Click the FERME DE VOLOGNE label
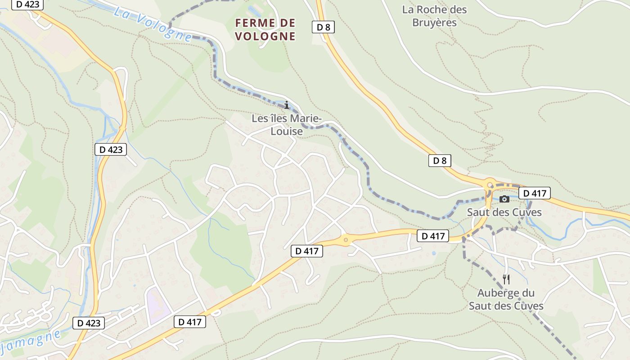tap(265, 29)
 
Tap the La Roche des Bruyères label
tap(434, 16)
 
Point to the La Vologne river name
tap(153, 23)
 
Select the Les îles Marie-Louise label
tap(286, 125)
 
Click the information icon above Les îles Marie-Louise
tap(287, 105)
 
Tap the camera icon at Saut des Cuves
tap(504, 199)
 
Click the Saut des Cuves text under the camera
tap(504, 212)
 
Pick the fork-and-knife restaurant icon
tap(506, 279)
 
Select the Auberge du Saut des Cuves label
tap(506, 299)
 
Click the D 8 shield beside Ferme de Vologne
tap(323, 27)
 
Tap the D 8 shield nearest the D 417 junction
tap(439, 161)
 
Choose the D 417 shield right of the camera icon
tap(535, 193)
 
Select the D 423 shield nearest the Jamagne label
tap(89, 323)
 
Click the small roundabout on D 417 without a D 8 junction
tap(346, 240)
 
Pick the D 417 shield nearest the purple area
tap(190, 321)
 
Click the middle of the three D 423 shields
tap(110, 149)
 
